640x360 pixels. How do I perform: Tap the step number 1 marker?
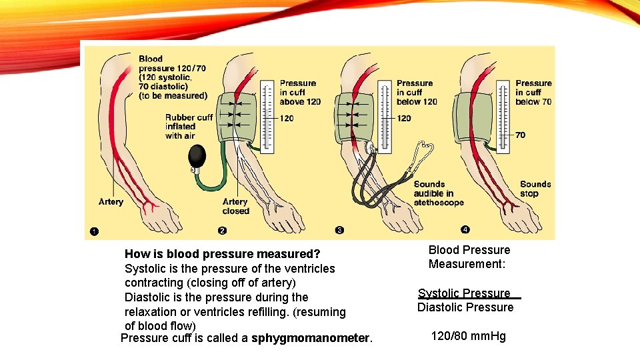pyautogui.click(x=94, y=232)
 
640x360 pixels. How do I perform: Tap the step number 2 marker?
pyautogui.click(x=222, y=231)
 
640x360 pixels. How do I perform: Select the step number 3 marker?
pyautogui.click(x=339, y=230)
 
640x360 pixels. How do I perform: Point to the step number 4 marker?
pyautogui.click(x=465, y=230)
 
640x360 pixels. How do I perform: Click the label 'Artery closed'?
pyautogui.click(x=235, y=206)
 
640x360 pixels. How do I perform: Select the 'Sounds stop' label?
pyautogui.click(x=535, y=189)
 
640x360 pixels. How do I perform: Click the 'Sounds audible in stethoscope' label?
pyautogui.click(x=438, y=193)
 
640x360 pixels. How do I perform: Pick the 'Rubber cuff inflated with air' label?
pyautogui.click(x=189, y=127)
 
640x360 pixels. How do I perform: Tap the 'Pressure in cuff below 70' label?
pyautogui.click(x=533, y=93)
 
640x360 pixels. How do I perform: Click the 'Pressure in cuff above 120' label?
pyautogui.click(x=300, y=93)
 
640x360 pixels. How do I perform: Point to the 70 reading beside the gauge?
pyautogui.click(x=520, y=135)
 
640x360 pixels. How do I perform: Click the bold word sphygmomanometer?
pyautogui.click(x=310, y=338)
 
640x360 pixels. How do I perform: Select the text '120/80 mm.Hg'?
pyautogui.click(x=469, y=336)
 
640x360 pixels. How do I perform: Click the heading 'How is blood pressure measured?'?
pyautogui.click(x=223, y=254)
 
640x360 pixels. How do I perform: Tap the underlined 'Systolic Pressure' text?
pyautogui.click(x=464, y=293)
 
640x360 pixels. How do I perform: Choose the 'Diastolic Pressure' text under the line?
pyautogui.click(x=465, y=307)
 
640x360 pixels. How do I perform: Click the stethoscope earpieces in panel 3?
pyautogui.click(x=425, y=148)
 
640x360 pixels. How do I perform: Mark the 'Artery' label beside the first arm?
pyautogui.click(x=111, y=202)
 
